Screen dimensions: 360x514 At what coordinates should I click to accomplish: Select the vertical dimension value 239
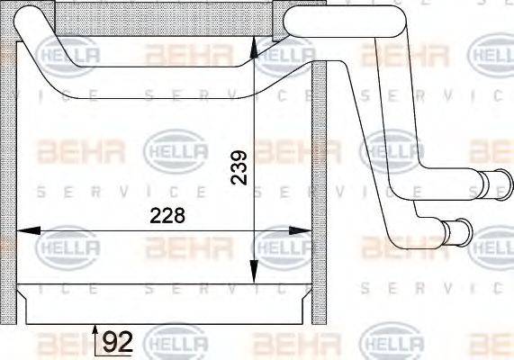point(239,166)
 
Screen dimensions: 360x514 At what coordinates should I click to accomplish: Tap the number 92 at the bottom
point(116,342)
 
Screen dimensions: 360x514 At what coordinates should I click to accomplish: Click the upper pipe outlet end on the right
point(494,184)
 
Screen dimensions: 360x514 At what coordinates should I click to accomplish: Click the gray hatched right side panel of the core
point(318,180)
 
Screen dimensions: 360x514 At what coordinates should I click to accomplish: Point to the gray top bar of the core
point(162,17)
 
